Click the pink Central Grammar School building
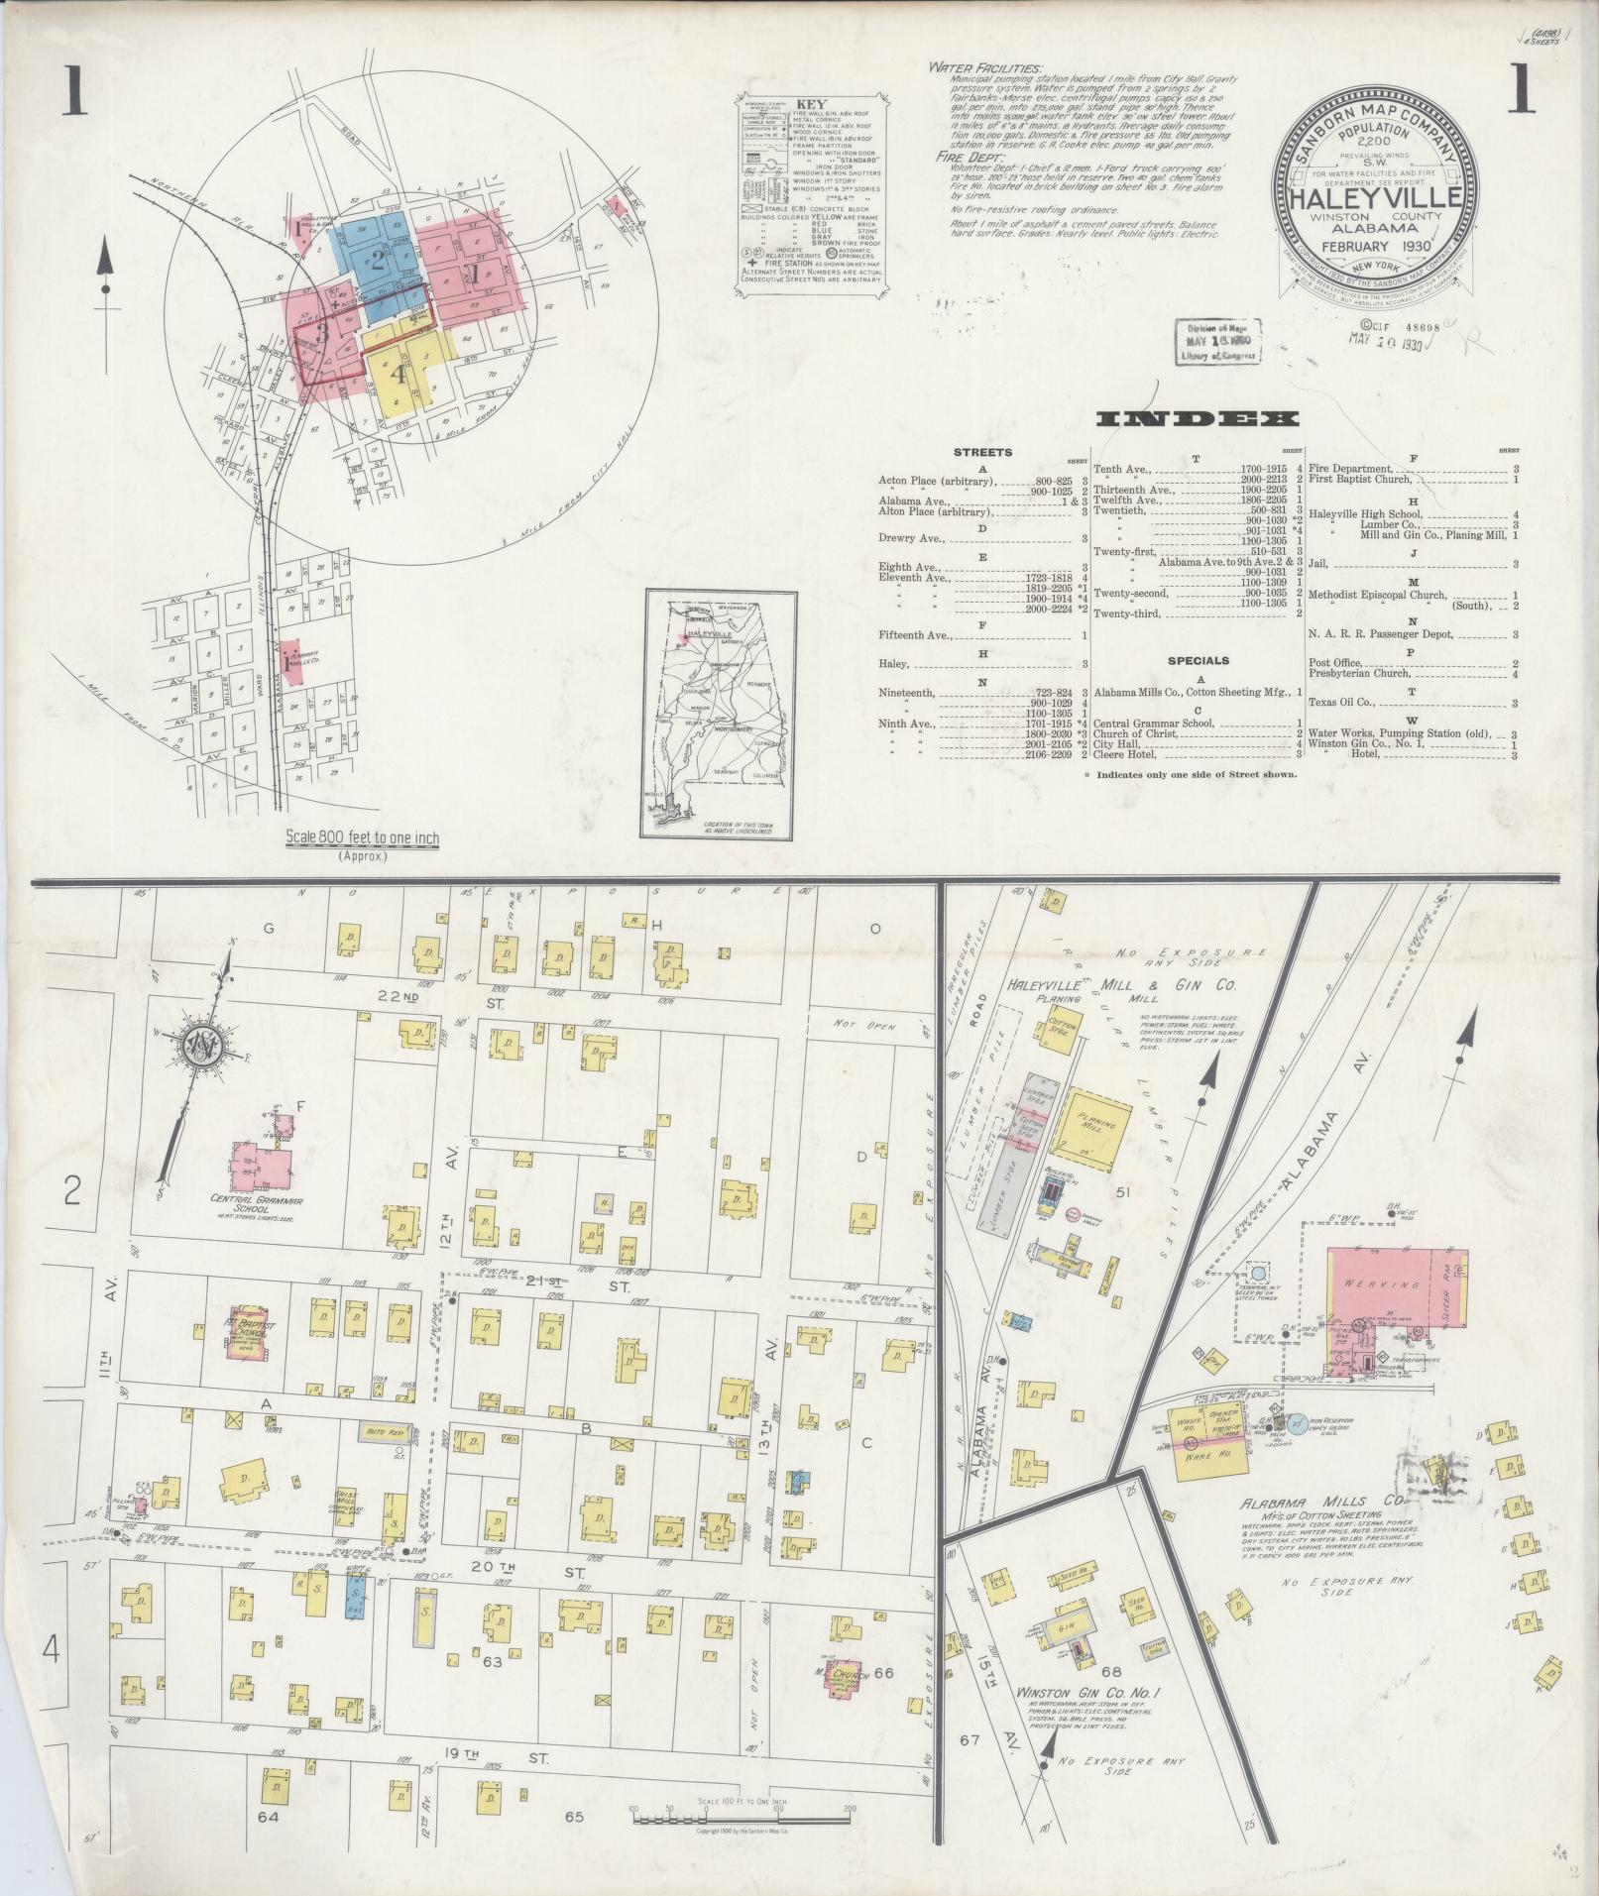click(x=261, y=1165)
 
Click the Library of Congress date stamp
click(x=1215, y=343)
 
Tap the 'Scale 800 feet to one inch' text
click(x=362, y=838)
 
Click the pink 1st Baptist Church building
click(x=240, y=1334)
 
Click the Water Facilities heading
click(x=984, y=68)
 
